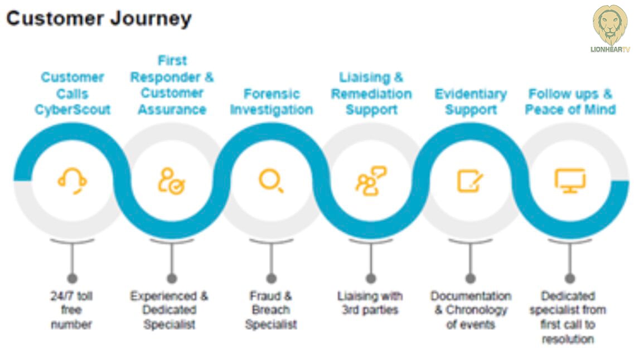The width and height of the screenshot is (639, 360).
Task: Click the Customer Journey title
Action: click(99, 19)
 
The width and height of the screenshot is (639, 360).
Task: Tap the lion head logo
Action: click(610, 25)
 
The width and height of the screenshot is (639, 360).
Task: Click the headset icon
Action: click(72, 181)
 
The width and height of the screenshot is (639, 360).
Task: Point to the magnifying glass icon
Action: click(271, 181)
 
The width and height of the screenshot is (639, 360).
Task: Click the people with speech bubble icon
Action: click(371, 181)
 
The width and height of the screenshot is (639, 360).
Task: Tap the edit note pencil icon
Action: click(470, 181)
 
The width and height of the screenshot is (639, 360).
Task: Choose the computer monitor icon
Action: click(570, 181)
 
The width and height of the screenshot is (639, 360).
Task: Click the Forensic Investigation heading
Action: click(272, 102)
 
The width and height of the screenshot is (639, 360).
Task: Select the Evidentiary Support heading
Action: click(471, 102)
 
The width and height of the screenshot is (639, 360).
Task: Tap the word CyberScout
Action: click(72, 110)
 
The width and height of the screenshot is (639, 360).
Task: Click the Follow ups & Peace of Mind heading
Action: click(570, 102)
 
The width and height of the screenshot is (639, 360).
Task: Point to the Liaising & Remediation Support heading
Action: click(371, 94)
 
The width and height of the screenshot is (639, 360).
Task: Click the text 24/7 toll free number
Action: click(72, 310)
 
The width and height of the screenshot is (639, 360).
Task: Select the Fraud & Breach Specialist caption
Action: click(271, 310)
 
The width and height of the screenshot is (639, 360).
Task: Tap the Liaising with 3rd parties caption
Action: click(370, 303)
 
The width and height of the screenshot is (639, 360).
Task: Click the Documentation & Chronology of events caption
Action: click(471, 310)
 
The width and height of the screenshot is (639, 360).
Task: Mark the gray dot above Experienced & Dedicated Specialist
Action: click(172, 279)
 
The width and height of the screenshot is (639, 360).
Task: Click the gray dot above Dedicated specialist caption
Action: click(570, 279)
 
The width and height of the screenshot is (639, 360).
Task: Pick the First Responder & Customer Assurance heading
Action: click(172, 85)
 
